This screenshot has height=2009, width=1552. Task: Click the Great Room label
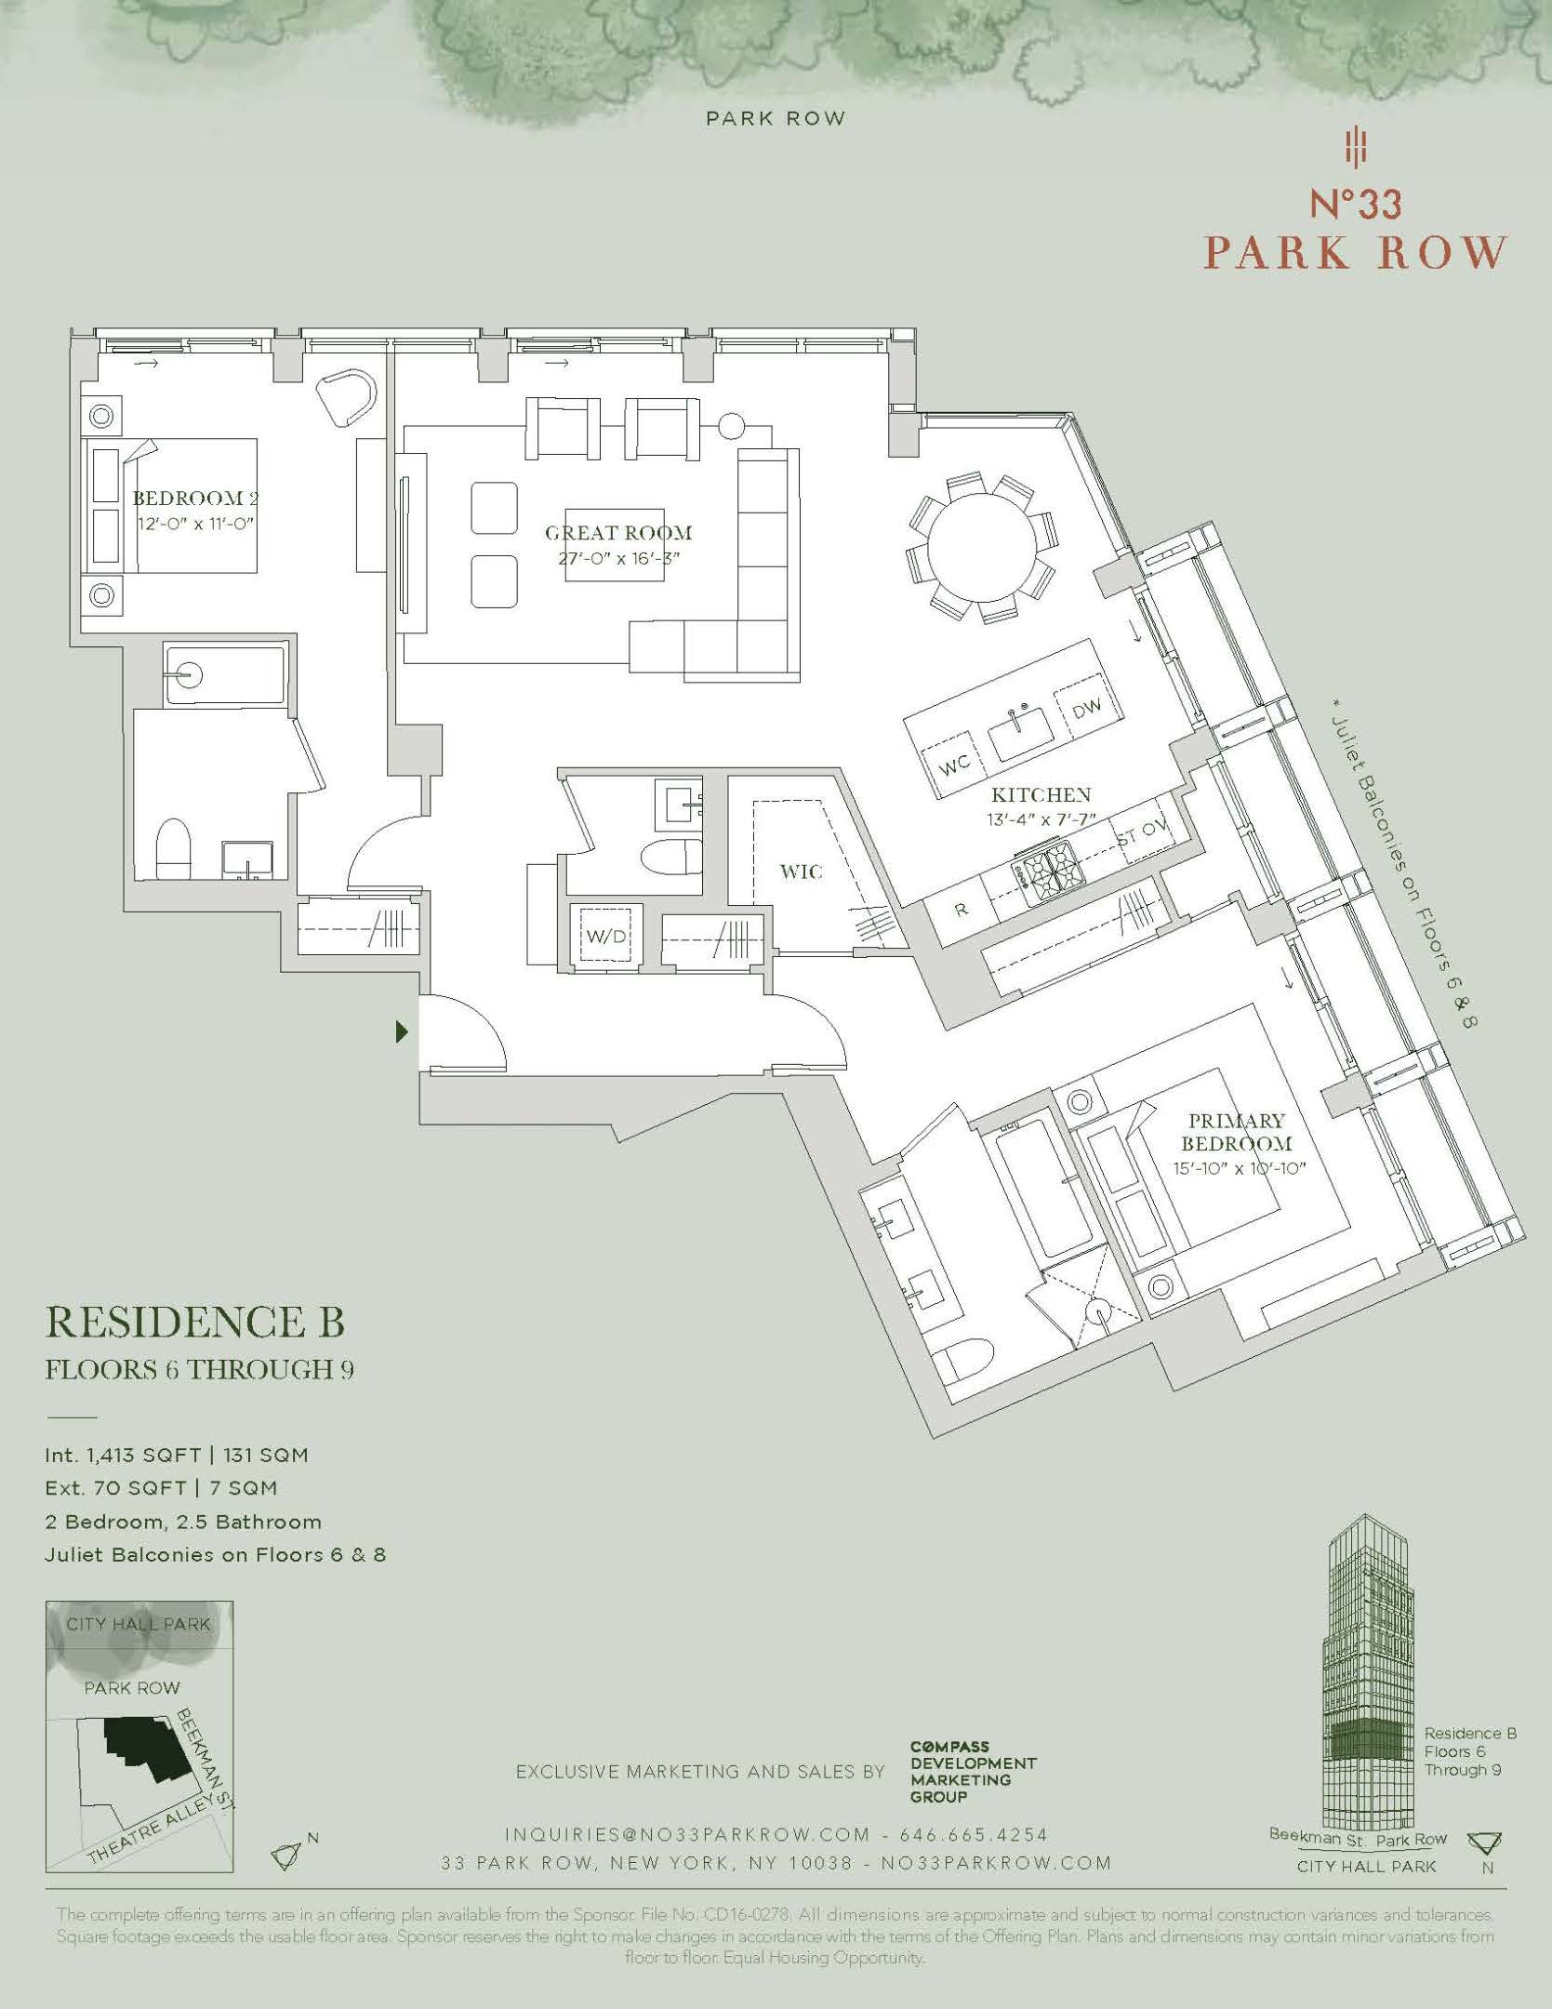(618, 533)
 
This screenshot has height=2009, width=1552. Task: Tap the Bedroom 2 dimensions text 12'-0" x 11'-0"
(193, 524)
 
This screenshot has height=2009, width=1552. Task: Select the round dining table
(982, 548)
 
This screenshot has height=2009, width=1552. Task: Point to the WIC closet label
(801, 871)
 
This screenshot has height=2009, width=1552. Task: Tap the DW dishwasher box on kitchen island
(1086, 710)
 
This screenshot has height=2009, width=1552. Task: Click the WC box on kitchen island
(954, 764)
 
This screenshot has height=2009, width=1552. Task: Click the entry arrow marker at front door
(402, 1031)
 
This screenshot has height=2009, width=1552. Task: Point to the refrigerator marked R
(962, 909)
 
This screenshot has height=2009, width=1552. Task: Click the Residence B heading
(195, 1322)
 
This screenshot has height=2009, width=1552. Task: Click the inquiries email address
(686, 1835)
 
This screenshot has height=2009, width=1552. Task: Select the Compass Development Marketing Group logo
(972, 1772)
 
